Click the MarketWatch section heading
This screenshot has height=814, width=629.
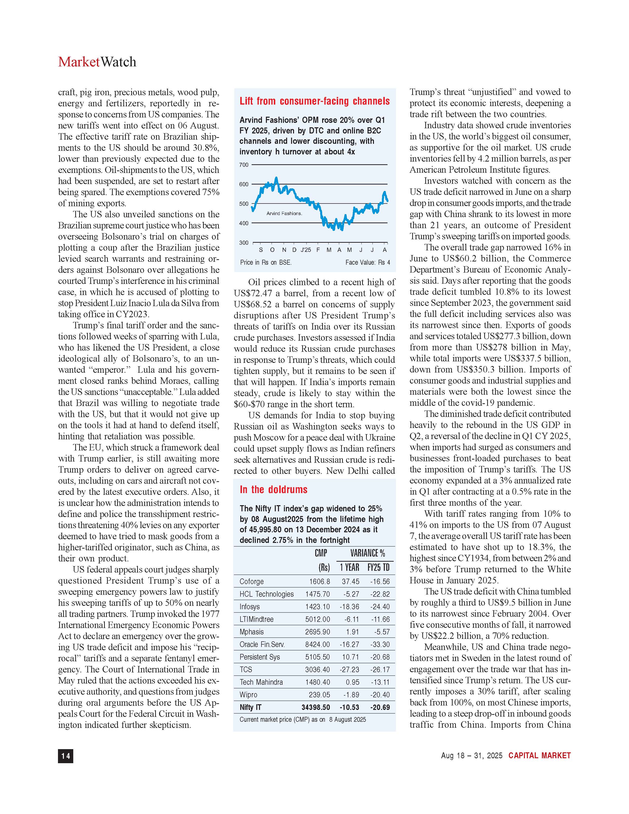point(97,62)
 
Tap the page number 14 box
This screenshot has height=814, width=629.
point(66,756)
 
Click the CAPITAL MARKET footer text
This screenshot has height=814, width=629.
point(539,756)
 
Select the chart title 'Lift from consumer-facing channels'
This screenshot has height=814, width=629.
point(314,101)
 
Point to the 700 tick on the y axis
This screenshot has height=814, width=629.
point(244,165)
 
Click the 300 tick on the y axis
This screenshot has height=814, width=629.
point(244,243)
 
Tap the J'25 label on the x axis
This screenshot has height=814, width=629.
point(306,250)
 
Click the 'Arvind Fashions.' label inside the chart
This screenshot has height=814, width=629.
point(284,214)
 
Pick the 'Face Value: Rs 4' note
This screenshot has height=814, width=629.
point(368,262)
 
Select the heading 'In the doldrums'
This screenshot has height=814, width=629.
point(274,489)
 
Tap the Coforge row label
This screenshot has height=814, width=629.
point(252,581)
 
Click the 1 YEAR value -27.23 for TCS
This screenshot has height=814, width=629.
point(350,669)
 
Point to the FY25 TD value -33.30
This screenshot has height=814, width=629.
point(380,644)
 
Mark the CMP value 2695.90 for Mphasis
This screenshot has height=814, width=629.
point(317,632)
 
